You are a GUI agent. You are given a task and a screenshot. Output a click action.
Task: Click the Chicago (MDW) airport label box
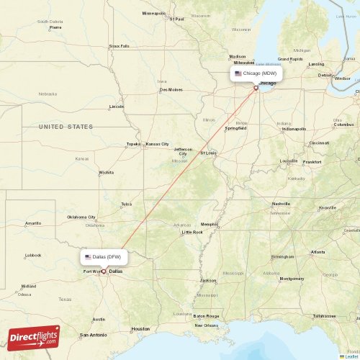[x=256, y=73]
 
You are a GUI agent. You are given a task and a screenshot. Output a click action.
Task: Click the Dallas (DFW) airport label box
[x=106, y=257]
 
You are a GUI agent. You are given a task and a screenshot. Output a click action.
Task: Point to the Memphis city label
[x=210, y=224]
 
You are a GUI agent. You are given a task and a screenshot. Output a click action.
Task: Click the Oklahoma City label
[x=81, y=217]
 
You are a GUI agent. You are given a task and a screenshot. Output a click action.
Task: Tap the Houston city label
[x=140, y=329]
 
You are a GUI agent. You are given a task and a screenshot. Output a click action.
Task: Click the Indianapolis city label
[x=293, y=129]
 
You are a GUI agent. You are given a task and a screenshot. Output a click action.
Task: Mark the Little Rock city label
[x=192, y=232]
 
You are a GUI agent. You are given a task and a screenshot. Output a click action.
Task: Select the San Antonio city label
[x=94, y=335]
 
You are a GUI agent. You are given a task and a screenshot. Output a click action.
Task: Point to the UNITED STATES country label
[x=66, y=127]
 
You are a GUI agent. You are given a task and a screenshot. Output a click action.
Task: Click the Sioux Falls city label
[x=120, y=45]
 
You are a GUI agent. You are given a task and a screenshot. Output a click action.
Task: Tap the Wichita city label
[x=107, y=173]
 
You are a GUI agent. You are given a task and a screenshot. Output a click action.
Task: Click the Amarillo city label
[x=33, y=223]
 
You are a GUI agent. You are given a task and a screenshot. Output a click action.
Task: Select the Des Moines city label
[x=171, y=89]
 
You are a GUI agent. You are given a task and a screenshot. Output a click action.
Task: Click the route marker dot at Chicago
[x=256, y=88]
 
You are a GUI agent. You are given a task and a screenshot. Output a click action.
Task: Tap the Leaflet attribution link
[x=349, y=356]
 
